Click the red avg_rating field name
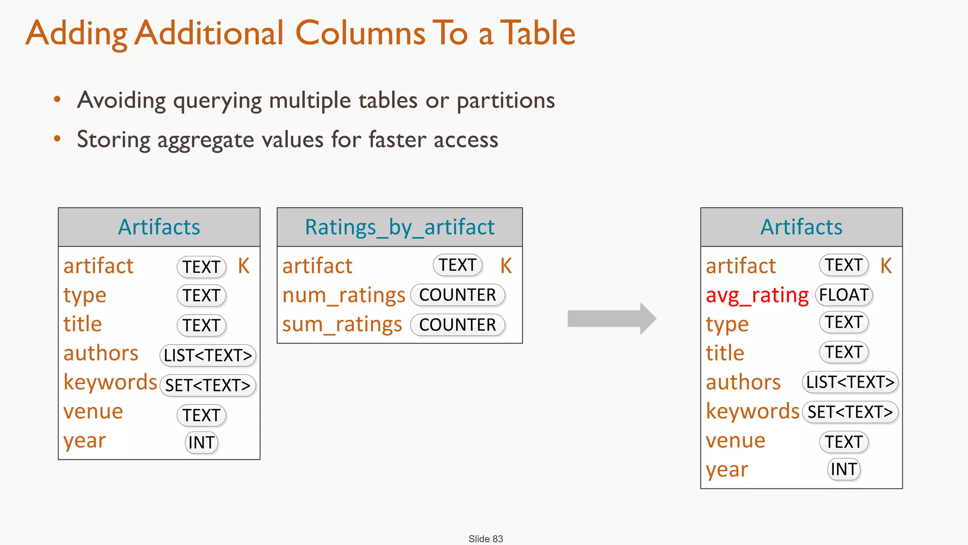[757, 296]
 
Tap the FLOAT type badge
[844, 295]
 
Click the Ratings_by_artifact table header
[399, 227]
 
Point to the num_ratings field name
[344, 296]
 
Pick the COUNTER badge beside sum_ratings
[458, 325]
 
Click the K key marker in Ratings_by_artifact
[506, 266]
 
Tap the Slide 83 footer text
[485, 539]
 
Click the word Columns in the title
[360, 33]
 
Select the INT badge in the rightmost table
[844, 469]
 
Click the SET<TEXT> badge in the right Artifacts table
[850, 412]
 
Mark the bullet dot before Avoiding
[57, 99]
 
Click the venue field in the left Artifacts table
[93, 412]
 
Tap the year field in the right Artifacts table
[726, 470]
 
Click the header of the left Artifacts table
[159, 227]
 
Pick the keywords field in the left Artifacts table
[110, 382]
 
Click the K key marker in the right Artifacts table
[886, 266]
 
